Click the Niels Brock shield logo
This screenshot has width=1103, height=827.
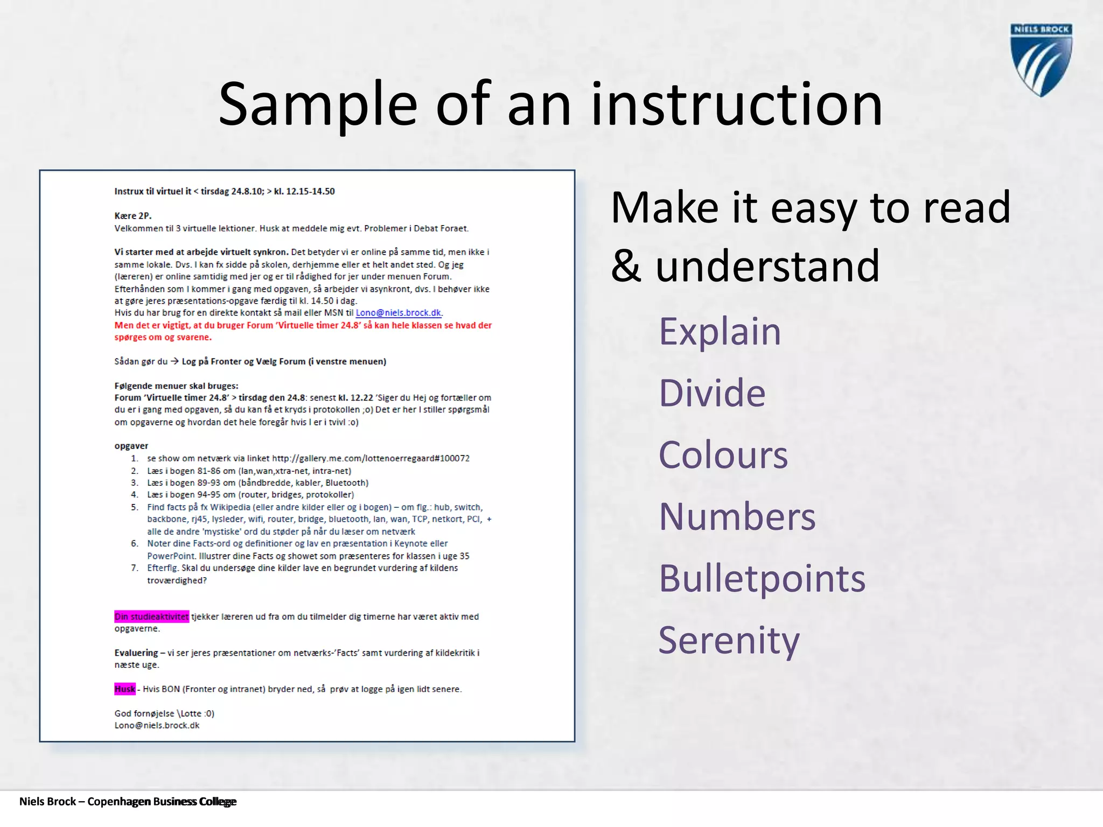pos(1041,60)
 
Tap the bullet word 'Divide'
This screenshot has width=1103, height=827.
pos(711,393)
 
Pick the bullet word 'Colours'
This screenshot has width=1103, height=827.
pos(723,455)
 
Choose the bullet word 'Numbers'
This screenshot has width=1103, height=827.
pos(737,517)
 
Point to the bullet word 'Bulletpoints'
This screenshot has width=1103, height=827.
pos(762,579)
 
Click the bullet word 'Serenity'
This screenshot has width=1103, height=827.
pos(729,641)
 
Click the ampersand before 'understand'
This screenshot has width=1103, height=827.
pos(626,266)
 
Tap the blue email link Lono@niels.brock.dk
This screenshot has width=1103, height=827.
pos(399,313)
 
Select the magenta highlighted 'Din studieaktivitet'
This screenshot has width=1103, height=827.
pos(151,616)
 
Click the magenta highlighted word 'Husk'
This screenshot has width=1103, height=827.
pos(124,689)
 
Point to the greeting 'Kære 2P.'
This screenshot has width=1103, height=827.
pos(133,216)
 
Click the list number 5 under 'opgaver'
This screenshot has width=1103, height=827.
pos(135,507)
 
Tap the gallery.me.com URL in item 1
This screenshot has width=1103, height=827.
pos(371,458)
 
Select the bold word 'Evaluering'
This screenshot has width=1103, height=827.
pos(136,653)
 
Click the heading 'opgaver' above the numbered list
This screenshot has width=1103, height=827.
pos(131,446)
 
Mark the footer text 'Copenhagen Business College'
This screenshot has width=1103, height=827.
pos(162,802)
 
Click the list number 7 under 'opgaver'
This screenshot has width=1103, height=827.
pos(135,568)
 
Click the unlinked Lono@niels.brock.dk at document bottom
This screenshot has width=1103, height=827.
pos(157,725)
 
